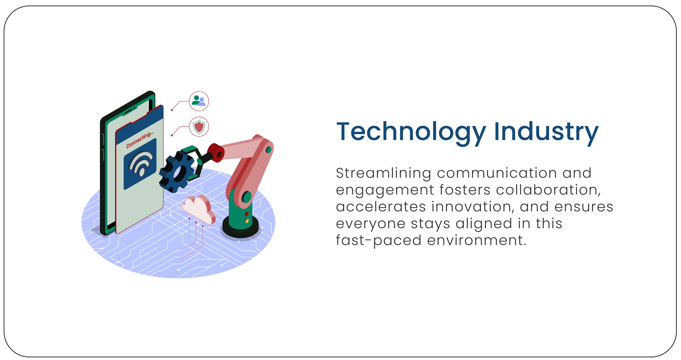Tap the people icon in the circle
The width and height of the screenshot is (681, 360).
pos(199,101)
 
